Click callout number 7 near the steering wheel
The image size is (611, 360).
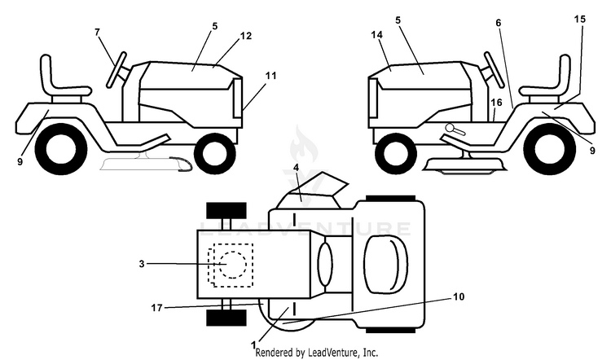click(97, 32)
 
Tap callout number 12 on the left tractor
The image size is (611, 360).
click(246, 36)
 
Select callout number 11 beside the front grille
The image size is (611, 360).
click(270, 76)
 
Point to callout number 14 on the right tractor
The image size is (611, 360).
click(377, 35)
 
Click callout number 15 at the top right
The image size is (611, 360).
click(580, 19)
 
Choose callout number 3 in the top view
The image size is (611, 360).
click(142, 264)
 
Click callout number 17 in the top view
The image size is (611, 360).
click(156, 308)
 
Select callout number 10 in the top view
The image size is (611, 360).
click(459, 297)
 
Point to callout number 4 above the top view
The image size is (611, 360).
click(297, 168)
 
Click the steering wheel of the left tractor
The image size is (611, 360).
click(116, 70)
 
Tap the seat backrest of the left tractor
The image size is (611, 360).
click(46, 74)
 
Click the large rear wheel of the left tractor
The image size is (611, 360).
click(61, 149)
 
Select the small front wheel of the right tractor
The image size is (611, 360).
click(395, 153)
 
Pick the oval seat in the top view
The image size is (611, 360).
click(386, 263)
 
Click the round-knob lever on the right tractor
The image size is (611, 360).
click(455, 130)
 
